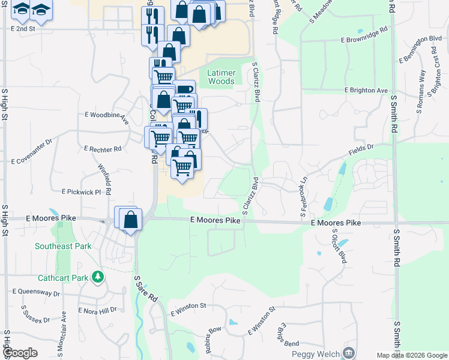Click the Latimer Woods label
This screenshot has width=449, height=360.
(x=220, y=77)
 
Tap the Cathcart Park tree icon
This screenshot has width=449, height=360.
(x=97, y=277)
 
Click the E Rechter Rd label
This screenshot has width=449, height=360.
(x=103, y=148)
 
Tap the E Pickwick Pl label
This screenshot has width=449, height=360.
(x=81, y=192)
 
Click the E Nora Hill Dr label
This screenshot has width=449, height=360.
(x=97, y=310)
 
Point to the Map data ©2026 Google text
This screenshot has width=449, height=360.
(x=412, y=355)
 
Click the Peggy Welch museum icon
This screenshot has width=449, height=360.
(x=348, y=352)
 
